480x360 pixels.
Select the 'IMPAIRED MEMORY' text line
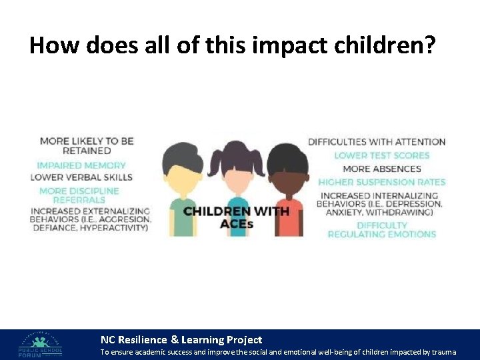[x=81, y=165]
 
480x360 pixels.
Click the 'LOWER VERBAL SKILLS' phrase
[x=81, y=177]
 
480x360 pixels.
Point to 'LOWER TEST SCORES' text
[x=382, y=155]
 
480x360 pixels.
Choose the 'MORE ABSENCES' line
[x=382, y=169]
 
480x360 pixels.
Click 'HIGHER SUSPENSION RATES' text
[x=381, y=182]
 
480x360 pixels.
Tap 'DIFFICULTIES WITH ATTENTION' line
[x=377, y=141]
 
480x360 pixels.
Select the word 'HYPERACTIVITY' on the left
[x=115, y=228]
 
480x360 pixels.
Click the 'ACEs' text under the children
[x=237, y=225]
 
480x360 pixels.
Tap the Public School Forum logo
[x=41, y=345]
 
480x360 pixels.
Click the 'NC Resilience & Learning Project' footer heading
[x=181, y=339]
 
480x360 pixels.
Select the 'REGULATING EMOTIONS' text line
[x=381, y=235]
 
